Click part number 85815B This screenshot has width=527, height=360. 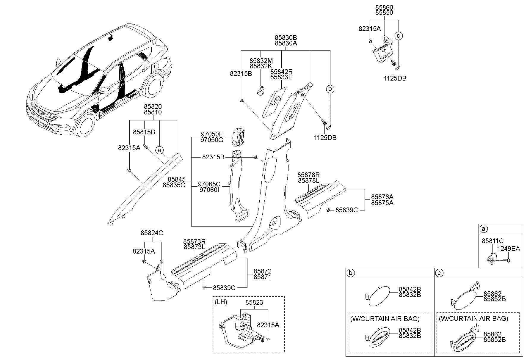pos(144,132)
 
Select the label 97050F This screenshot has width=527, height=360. pos(211,134)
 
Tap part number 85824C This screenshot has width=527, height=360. pos(152,233)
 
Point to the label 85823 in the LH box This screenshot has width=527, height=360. pos(254,303)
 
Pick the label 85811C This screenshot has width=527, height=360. pos(493,241)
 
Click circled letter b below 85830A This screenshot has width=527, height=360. pos(330,89)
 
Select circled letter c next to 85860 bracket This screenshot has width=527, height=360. pos(399,36)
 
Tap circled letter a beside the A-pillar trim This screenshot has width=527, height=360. pos(160,150)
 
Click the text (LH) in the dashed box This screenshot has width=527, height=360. pos(221,302)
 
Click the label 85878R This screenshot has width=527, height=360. pos(308,175)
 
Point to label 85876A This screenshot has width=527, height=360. pos(382,197)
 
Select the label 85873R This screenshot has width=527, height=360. pos(194,241)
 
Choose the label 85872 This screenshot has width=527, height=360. pos(262,271)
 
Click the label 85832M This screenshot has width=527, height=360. pos(261,61)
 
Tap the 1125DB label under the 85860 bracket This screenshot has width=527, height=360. pos(395,78)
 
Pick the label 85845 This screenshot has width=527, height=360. pos(176,179)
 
